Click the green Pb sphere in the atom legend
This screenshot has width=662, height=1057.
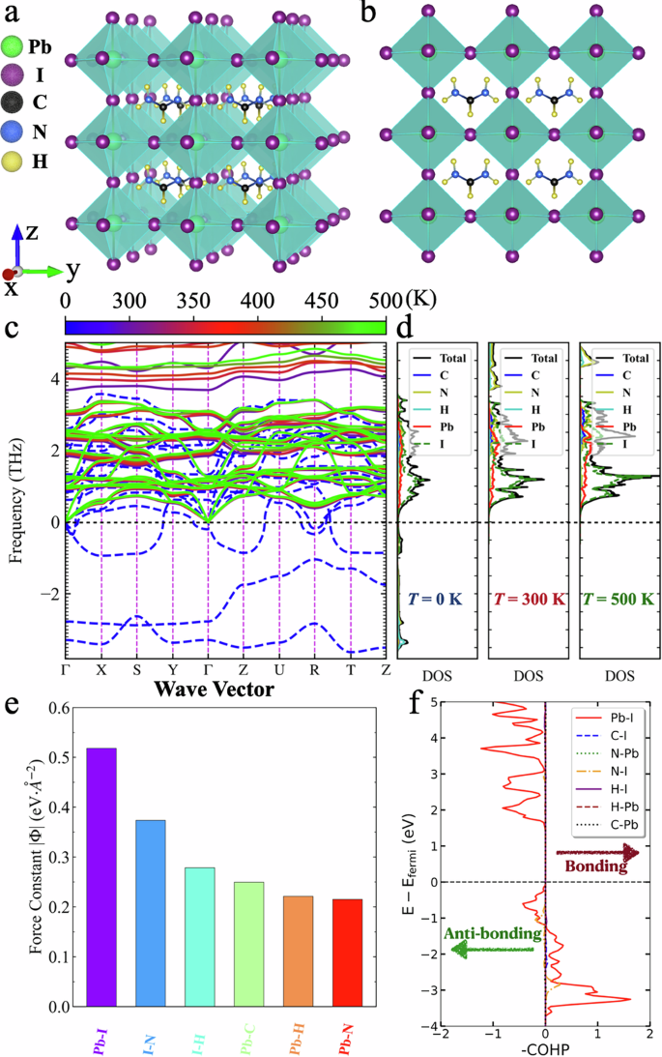[x=18, y=45]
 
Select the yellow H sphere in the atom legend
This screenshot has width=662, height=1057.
[x=18, y=161]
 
